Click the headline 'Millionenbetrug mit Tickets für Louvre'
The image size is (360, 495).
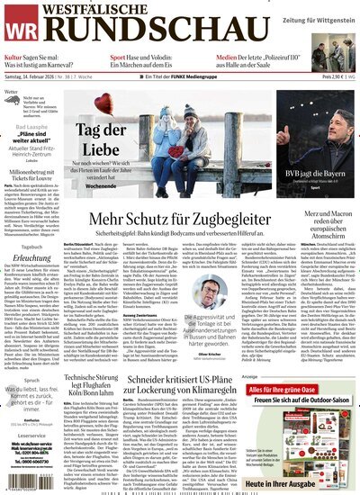click(34, 175)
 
